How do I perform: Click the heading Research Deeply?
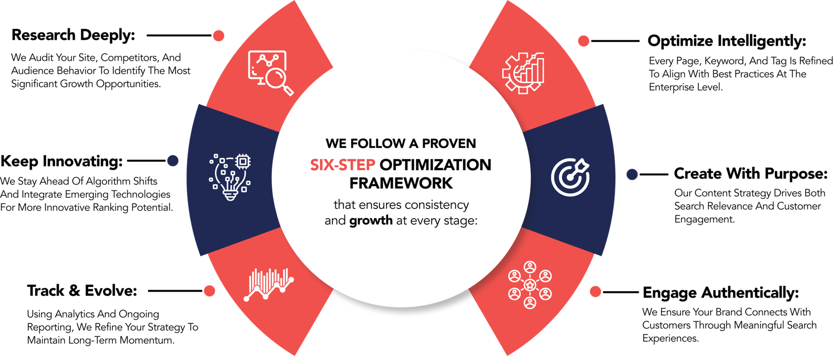point(73,35)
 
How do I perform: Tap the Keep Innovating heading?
point(61,161)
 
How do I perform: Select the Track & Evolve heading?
point(82,291)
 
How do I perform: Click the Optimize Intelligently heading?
point(727,41)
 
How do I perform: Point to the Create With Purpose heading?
point(751,174)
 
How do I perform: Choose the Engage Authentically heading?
point(721,292)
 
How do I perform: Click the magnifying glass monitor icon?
point(270,73)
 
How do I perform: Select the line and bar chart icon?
point(268,284)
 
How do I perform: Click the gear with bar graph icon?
point(523,73)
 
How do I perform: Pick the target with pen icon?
point(570,177)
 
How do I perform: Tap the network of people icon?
point(530,285)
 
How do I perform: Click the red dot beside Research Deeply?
point(218,36)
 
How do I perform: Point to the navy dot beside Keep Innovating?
point(173,161)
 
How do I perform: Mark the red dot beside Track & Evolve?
point(209,291)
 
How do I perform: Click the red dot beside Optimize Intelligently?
point(583,41)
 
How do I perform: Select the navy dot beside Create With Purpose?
point(632,174)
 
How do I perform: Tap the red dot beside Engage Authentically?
point(595,292)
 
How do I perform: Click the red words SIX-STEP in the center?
point(343,165)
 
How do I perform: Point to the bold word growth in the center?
point(371,220)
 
